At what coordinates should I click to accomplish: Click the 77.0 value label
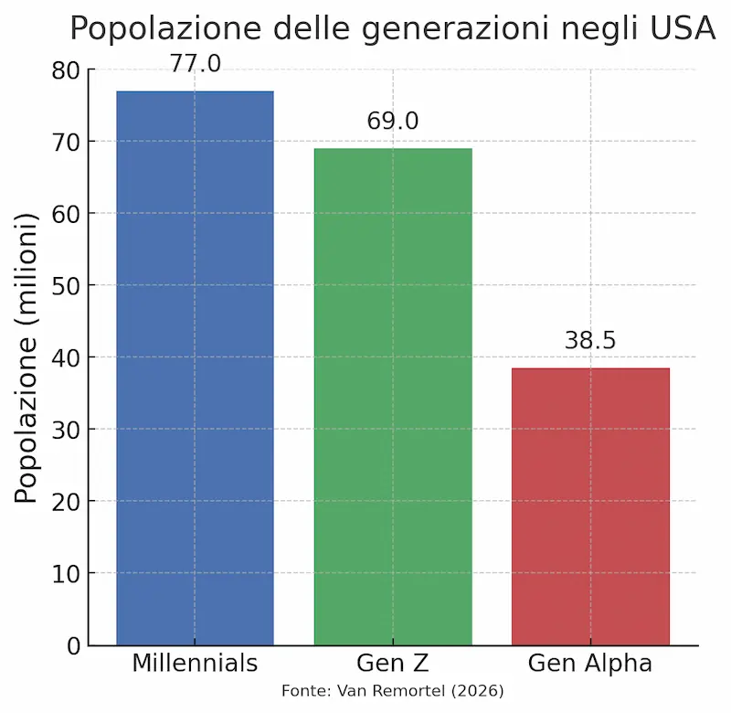tap(195, 63)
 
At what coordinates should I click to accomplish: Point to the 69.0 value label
tap(393, 121)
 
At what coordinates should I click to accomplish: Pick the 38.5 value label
tap(590, 341)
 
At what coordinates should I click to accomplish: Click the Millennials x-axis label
tap(195, 663)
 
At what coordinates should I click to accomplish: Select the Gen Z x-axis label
tap(393, 663)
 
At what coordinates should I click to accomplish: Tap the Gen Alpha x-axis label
tap(590, 663)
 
